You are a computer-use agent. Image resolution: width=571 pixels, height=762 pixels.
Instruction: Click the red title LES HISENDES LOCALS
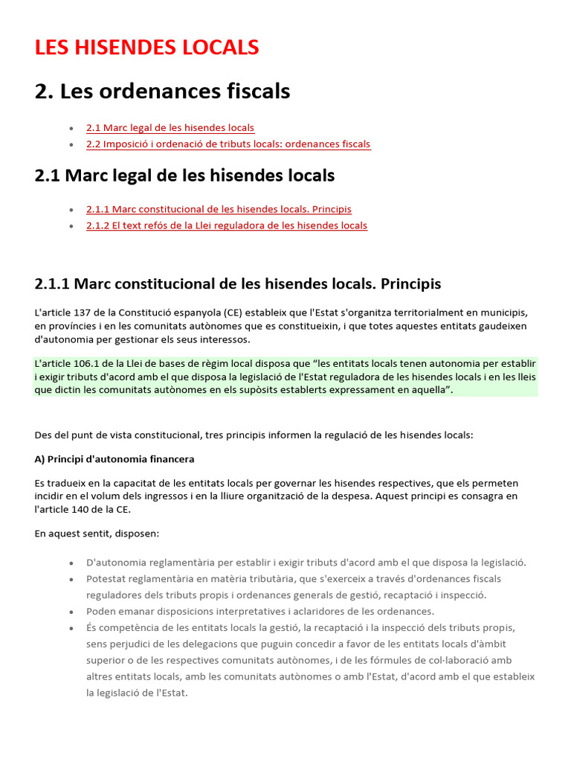coord(146,47)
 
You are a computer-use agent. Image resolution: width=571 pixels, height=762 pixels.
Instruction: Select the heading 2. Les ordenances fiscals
coord(162,92)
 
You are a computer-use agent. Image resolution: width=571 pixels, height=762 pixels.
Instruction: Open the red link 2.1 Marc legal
coord(170,128)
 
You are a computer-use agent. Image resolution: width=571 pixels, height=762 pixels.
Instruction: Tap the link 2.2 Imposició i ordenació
coord(228,144)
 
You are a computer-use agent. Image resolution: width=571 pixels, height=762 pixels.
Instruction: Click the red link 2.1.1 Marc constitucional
coord(219,209)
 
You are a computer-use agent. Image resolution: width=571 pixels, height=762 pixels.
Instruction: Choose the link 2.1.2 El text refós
coord(226,225)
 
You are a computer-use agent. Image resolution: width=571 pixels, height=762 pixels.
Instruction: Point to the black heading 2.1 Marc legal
coord(184,176)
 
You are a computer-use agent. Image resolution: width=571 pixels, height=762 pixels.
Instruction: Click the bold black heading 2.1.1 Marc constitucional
coord(237,284)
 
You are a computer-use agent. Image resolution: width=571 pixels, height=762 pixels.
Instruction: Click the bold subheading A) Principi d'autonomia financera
coord(114,459)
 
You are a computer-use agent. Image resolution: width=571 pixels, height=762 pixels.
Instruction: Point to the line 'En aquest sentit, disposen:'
coord(97,534)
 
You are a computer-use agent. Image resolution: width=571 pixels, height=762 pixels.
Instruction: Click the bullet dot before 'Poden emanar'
coord(71,612)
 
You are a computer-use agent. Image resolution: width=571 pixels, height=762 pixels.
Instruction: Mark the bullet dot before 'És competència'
coord(71,628)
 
